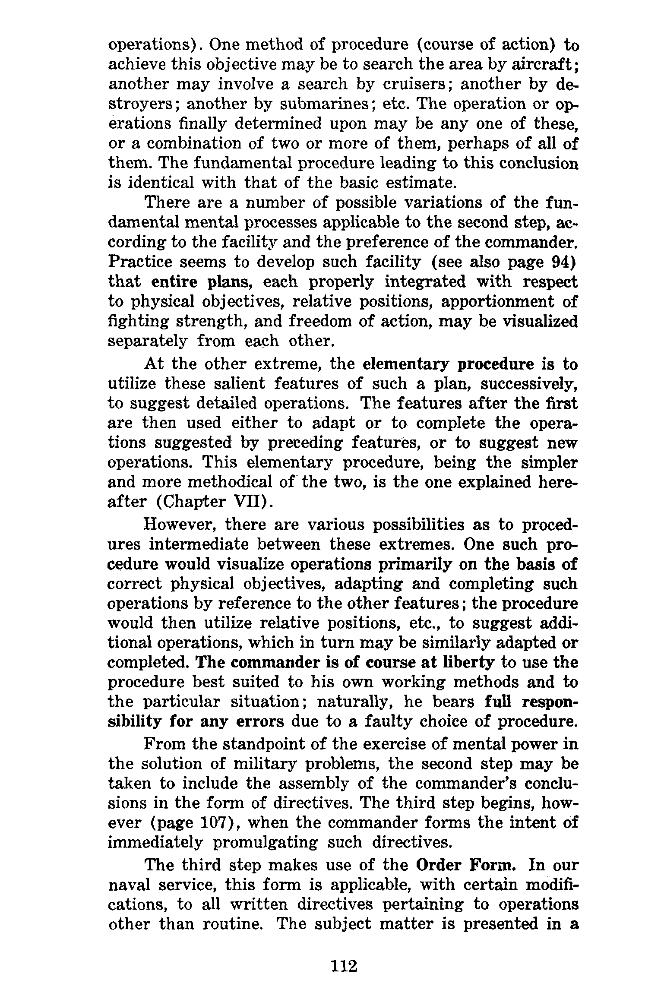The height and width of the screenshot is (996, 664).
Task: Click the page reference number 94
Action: tap(561, 262)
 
